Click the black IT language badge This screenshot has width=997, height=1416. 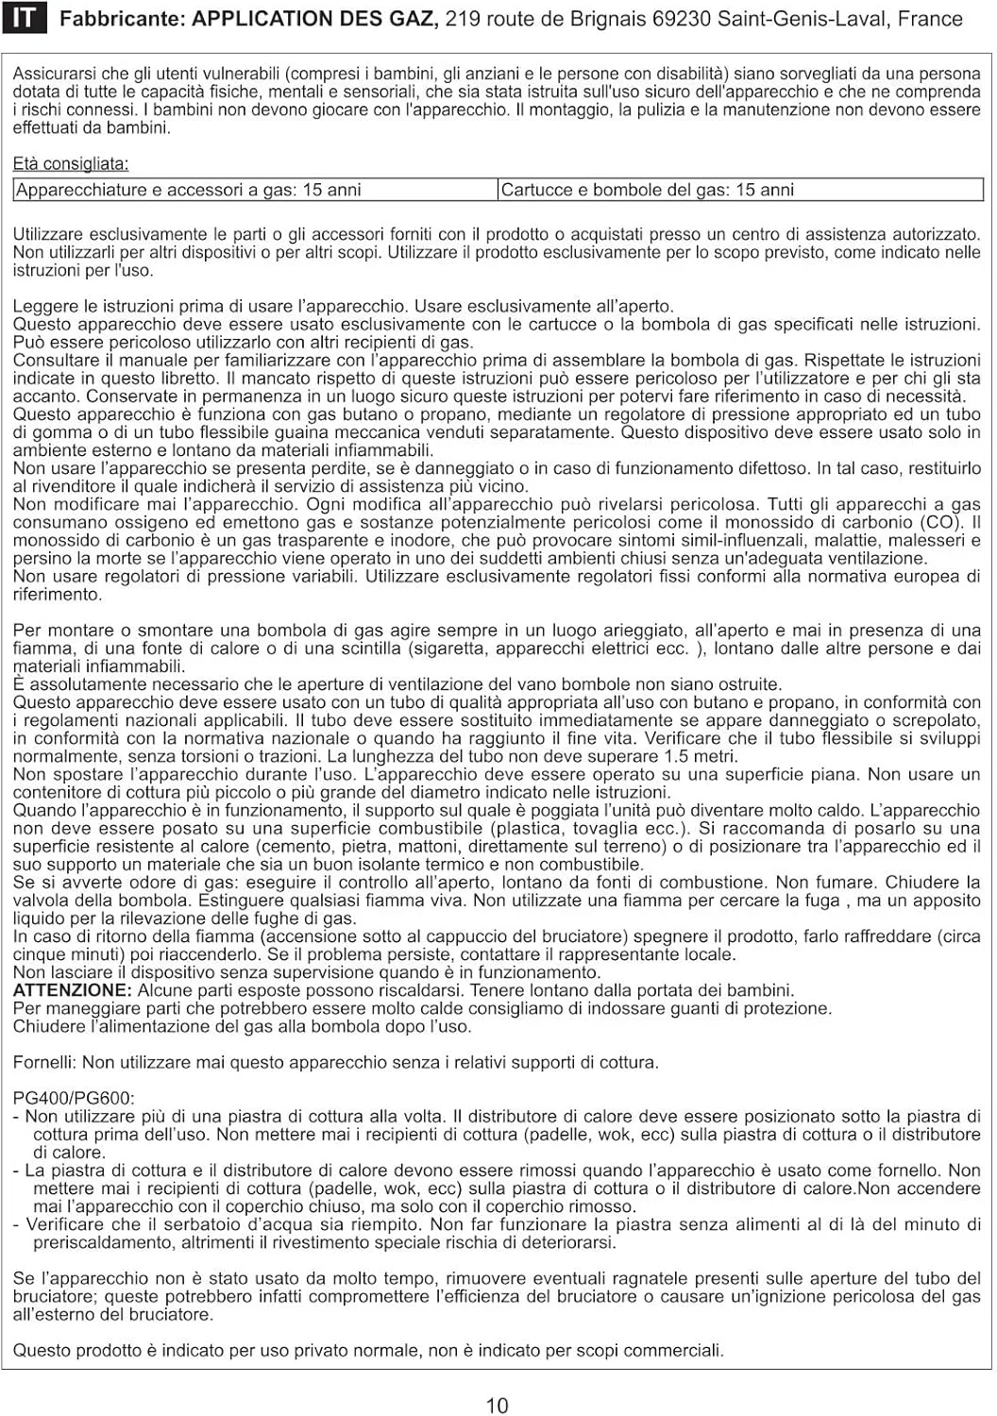click(24, 19)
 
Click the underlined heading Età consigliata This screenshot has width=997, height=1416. click(71, 164)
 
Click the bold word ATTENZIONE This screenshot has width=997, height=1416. click(72, 990)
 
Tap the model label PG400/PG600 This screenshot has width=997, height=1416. click(74, 1099)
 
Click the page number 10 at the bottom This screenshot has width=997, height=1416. click(498, 1406)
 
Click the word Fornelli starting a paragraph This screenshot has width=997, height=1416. click(44, 1063)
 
